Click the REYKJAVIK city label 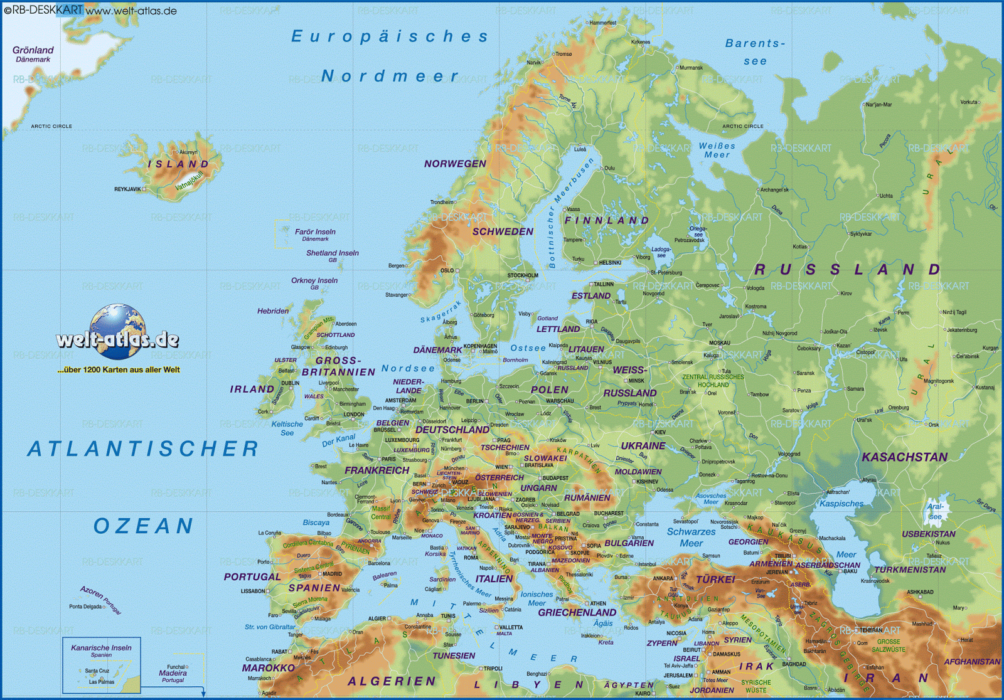coord(127,189)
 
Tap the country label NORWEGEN coord(455,164)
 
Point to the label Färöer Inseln coord(315,232)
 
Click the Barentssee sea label coord(755,52)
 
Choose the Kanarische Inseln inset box coord(101,665)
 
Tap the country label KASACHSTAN coord(904,457)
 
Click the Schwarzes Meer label coord(691,538)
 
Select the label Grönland coord(33,50)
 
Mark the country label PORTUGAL coord(252,576)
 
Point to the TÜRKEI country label coord(715,579)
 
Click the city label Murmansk coord(691,68)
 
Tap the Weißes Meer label coord(717,150)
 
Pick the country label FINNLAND coord(606,220)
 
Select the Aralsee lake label coord(935,511)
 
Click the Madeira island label coord(173,673)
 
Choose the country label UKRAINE coord(643,445)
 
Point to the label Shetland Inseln coord(333,253)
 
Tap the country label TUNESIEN coord(454,655)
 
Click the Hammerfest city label coord(602,23)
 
